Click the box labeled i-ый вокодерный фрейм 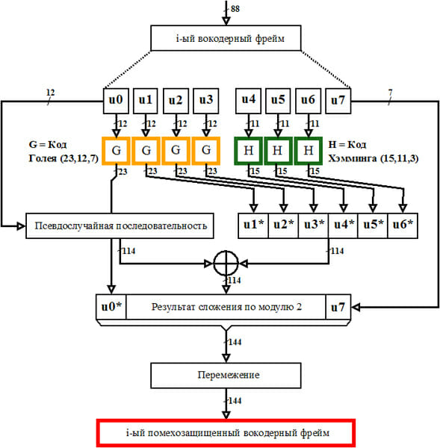click(226, 38)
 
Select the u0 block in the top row click(116, 101)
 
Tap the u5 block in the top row click(278, 101)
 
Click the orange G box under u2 click(176, 151)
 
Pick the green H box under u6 click(309, 151)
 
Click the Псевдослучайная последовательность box click(120, 225)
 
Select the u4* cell click(343, 225)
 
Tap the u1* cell click(253, 225)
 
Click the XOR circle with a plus click(226, 263)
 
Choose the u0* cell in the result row click(111, 307)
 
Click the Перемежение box click(226, 376)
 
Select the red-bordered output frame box click(226, 433)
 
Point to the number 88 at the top click(235, 9)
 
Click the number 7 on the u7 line click(390, 93)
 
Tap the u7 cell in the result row click(338, 307)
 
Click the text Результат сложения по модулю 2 click(226, 307)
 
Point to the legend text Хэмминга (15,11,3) click(373, 158)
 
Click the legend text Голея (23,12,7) click(63, 158)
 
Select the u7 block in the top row click(338, 101)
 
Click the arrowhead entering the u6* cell click(403, 208)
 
